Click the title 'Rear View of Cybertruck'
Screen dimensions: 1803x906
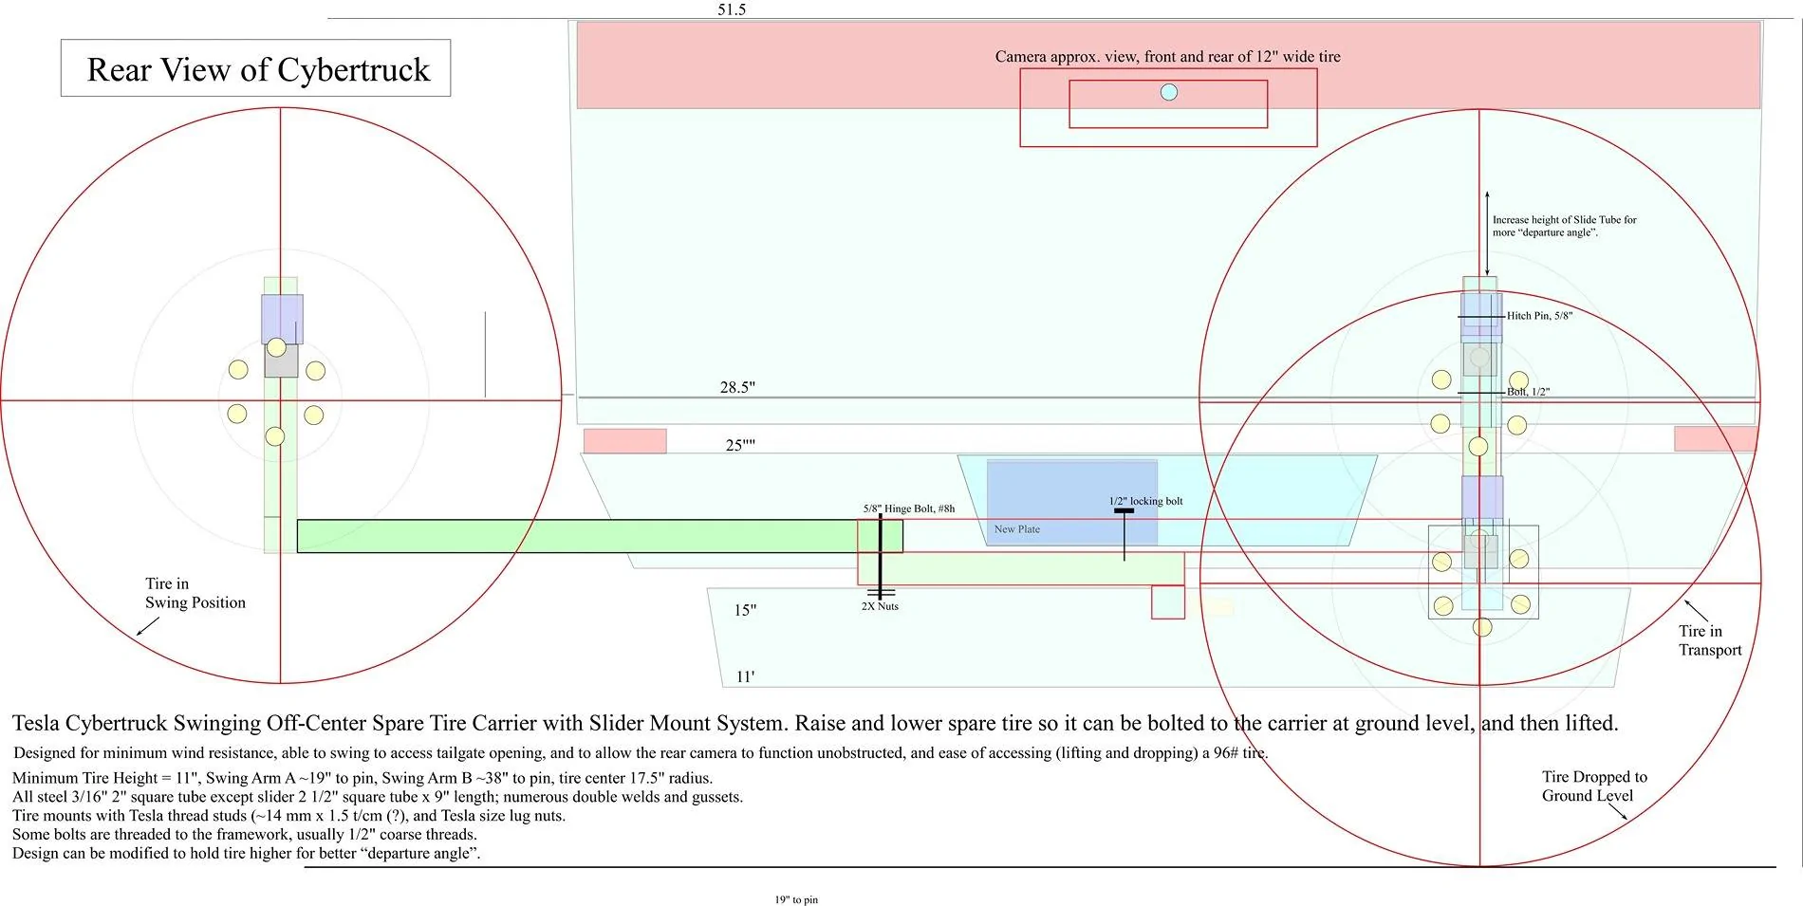click(258, 69)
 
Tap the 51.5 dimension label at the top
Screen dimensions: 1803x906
click(732, 9)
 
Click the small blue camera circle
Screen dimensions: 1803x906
click(1169, 92)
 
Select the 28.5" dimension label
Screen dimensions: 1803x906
click(737, 387)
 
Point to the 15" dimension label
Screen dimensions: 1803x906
click(745, 610)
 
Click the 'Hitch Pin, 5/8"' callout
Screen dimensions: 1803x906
click(1539, 316)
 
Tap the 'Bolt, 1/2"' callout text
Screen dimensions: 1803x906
click(1528, 392)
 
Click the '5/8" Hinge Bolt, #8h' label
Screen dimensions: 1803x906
click(909, 508)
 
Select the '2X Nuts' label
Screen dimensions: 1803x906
click(880, 606)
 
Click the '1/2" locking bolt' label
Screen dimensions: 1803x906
click(1146, 501)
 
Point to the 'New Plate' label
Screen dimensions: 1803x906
click(1017, 529)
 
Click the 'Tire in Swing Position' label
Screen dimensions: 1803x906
click(195, 593)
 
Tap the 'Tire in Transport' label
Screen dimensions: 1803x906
click(1710, 640)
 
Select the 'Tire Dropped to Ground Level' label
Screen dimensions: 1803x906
click(1594, 786)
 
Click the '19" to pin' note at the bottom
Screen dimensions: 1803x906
click(796, 899)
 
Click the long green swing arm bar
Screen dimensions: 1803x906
click(600, 536)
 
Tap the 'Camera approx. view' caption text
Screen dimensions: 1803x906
click(1168, 57)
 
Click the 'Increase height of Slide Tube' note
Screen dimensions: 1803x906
click(1565, 226)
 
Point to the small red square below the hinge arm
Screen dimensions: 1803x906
click(1168, 602)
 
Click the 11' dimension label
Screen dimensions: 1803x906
click(745, 676)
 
